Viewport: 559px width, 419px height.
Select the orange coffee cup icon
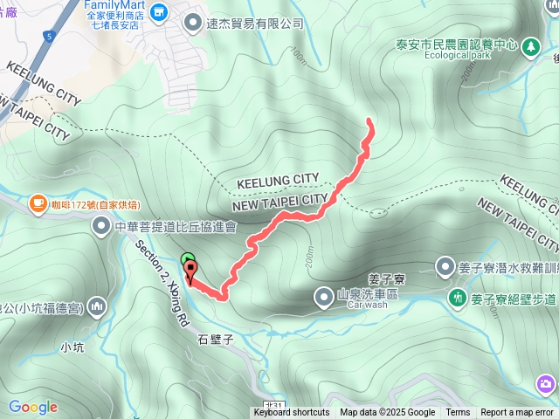(37, 204)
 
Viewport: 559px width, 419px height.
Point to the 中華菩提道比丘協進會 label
(176, 227)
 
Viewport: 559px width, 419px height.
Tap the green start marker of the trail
(187, 259)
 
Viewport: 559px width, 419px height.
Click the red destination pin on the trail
(190, 269)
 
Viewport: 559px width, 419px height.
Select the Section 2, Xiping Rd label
(162, 284)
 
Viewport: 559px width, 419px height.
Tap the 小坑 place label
(72, 347)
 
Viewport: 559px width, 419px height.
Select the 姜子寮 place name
(384, 279)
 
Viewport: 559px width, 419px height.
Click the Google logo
(32, 407)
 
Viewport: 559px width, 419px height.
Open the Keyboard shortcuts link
(292, 413)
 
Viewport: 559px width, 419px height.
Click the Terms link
(458, 413)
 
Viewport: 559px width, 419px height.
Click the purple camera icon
(547, 384)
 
